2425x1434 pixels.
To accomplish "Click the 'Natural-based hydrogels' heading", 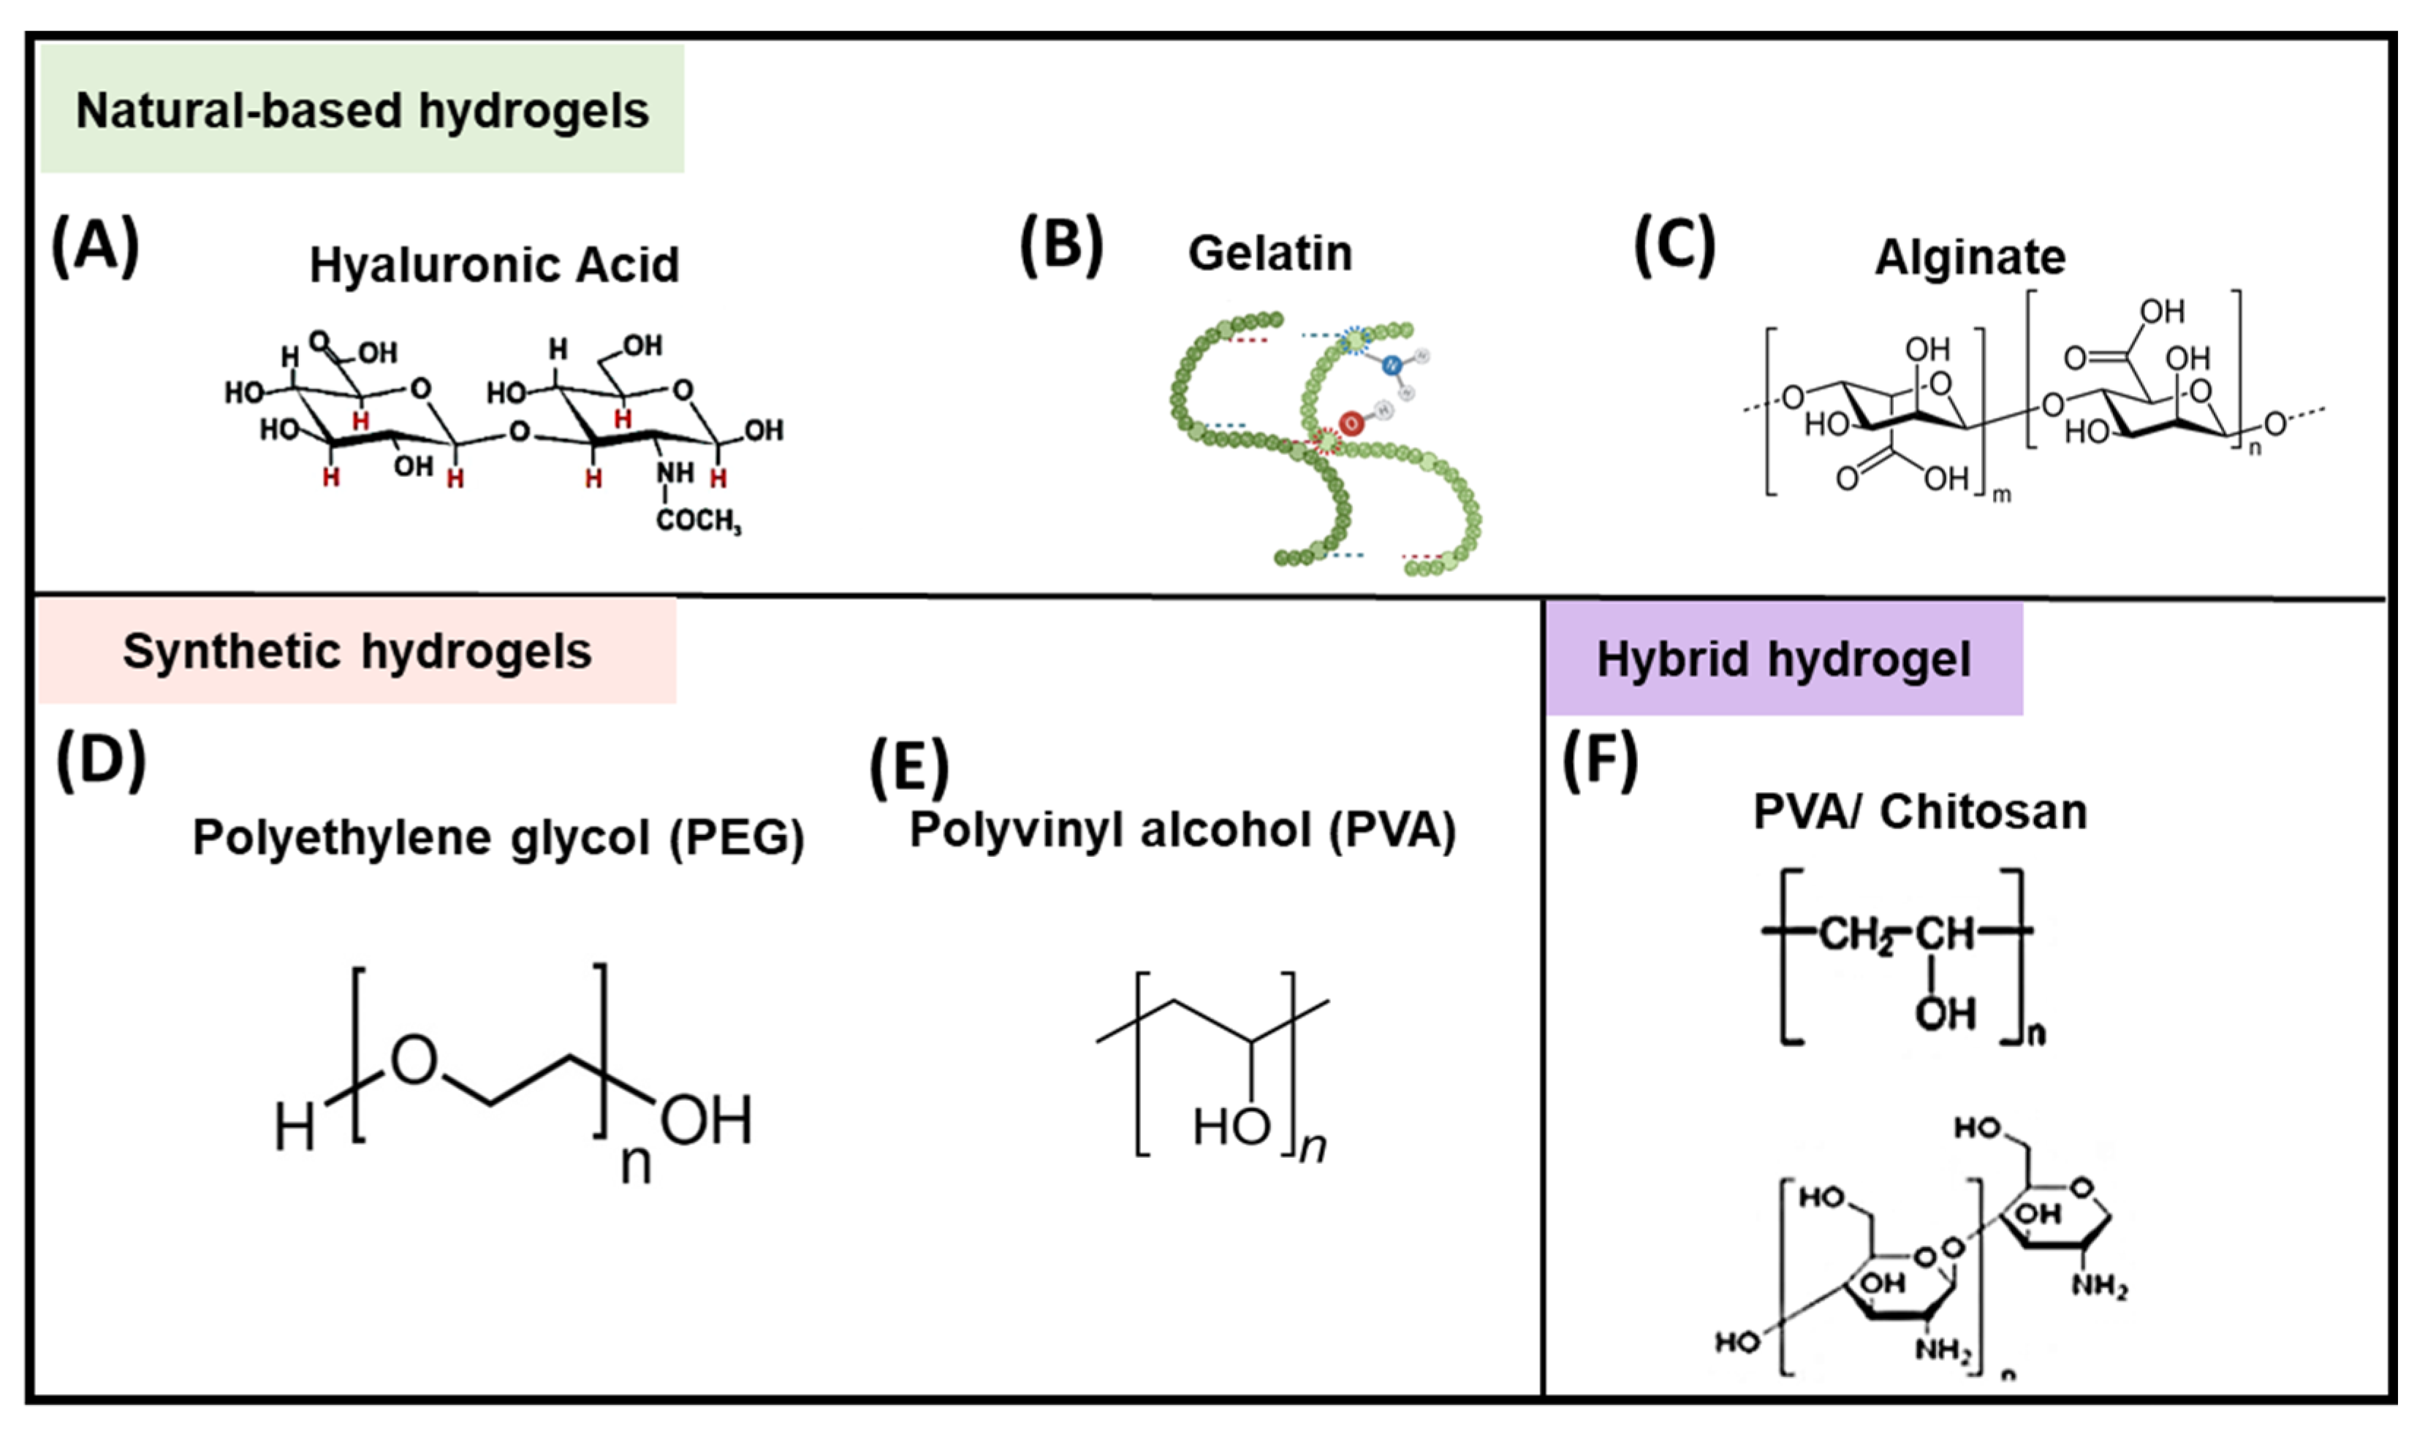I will [x=362, y=110].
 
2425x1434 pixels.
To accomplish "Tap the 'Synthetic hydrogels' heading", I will [x=357, y=652].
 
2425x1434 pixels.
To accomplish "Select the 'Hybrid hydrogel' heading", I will [x=1783, y=660].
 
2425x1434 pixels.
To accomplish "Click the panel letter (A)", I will [x=95, y=246].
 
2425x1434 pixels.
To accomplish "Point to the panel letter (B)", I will [x=1061, y=245].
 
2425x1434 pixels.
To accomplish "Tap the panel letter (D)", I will [x=101, y=760].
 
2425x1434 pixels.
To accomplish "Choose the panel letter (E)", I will [x=908, y=769].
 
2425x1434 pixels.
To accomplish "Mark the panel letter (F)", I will [x=1600, y=760].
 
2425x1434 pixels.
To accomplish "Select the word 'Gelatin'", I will [x=1269, y=254].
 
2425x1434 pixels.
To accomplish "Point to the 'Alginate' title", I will [x=1970, y=258].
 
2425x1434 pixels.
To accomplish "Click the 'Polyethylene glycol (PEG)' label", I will [x=498, y=837].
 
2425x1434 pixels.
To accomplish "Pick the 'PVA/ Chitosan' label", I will [x=1919, y=812].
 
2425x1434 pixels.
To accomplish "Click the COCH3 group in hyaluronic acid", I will [x=698, y=521].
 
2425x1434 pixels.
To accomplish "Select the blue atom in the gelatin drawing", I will [x=1391, y=365].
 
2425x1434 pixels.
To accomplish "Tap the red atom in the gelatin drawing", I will [x=1351, y=422].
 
